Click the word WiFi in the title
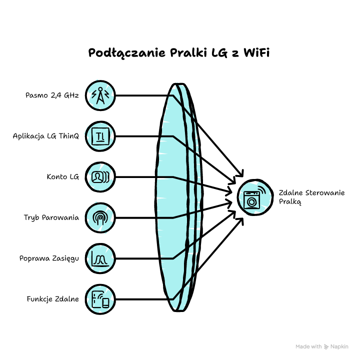(x=256, y=52)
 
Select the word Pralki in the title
(x=188, y=52)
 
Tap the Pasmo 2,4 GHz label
(x=52, y=95)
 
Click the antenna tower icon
(x=100, y=95)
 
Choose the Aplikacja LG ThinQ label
(x=46, y=136)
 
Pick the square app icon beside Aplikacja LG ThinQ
(x=100, y=136)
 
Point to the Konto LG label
(x=63, y=177)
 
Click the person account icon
(x=100, y=177)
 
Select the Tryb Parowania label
(x=51, y=217)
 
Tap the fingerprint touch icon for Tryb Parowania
(x=100, y=218)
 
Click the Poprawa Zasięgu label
(x=49, y=258)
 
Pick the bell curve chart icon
(x=100, y=259)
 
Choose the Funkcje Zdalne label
(x=53, y=299)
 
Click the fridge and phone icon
(x=100, y=299)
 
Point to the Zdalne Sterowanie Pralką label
(x=311, y=197)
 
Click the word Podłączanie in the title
(x=126, y=53)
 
